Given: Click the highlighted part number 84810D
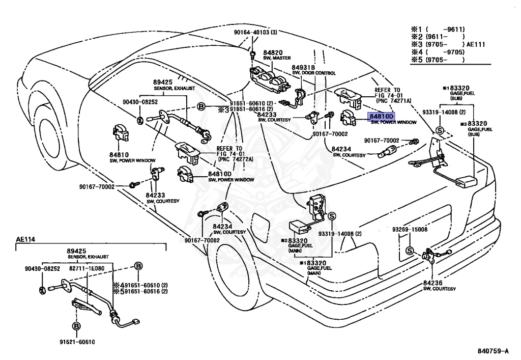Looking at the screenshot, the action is (381, 117).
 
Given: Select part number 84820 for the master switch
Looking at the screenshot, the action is (273, 52).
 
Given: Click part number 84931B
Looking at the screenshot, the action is (303, 68).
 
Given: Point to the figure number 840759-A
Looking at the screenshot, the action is (493, 351).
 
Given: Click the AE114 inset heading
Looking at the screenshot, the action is (25, 239).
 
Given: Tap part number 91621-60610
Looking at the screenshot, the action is (77, 342).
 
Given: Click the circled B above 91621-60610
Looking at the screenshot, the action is (76, 326).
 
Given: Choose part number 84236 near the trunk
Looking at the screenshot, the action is (432, 283).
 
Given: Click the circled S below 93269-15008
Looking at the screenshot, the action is (410, 251).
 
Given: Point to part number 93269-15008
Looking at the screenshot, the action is (410, 229).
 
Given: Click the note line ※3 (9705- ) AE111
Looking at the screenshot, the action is (448, 44).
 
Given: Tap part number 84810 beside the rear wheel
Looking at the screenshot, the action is (119, 155).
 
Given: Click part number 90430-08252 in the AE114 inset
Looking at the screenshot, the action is (43, 268).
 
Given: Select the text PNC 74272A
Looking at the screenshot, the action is (236, 159).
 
